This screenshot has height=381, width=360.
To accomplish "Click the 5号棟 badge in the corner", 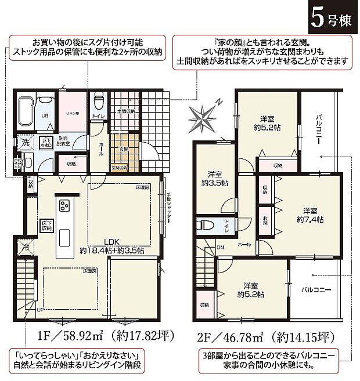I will pos(332,18).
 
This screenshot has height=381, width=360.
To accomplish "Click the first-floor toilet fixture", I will pos(98,103).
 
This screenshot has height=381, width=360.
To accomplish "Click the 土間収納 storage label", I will pos(126,110).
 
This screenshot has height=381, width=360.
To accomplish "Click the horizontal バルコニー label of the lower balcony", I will pos(316,288).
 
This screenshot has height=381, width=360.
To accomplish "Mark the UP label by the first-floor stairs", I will pos(39,310).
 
